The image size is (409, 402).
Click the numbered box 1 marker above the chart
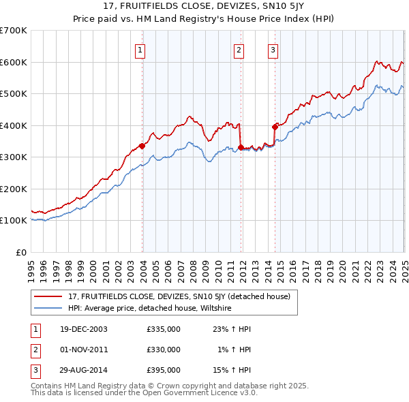140,49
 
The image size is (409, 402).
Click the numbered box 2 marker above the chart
239,49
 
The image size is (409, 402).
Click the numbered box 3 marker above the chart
273,49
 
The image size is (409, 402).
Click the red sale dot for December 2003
142,145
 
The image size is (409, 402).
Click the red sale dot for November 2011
241,146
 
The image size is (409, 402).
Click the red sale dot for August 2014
275,126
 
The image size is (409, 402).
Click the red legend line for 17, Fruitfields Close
48,296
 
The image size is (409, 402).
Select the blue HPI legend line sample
48,308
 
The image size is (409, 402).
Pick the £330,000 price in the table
164,350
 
